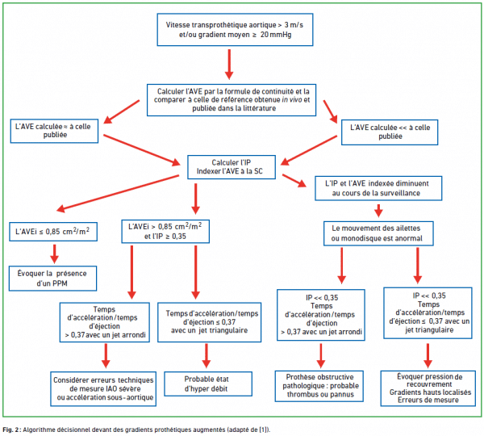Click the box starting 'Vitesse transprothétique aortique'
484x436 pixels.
point(235,30)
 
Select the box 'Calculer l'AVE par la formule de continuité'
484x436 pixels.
point(232,100)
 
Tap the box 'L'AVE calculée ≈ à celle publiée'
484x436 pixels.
point(54,131)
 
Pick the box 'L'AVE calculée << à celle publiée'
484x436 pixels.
point(390,132)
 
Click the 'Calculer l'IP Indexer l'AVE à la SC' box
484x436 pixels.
point(232,167)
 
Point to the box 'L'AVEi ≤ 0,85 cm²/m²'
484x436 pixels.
point(53,232)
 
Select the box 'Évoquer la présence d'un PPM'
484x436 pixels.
point(52,278)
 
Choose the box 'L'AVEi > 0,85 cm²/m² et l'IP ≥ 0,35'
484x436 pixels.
point(165,232)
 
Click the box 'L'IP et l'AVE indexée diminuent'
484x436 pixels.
point(378,188)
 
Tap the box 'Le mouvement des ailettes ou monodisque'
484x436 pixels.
point(378,233)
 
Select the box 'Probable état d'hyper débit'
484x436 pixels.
point(208,384)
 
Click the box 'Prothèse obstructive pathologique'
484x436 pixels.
point(319,386)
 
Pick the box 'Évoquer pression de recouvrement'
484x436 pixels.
point(428,388)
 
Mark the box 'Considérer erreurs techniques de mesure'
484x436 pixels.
point(103,388)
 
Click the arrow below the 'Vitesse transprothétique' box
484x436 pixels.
point(229,65)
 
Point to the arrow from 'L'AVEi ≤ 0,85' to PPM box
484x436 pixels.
point(55,254)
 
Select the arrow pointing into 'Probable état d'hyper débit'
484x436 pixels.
point(207,355)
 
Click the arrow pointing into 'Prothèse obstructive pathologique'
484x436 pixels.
point(321,355)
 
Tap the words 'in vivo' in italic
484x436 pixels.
point(292,99)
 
